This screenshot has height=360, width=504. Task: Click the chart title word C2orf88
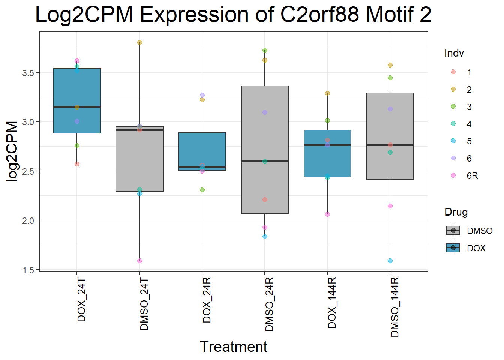(319, 14)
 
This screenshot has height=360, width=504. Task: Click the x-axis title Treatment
(233, 347)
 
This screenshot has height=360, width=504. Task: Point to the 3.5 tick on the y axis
(28, 73)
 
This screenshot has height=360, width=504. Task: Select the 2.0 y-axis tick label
(28, 220)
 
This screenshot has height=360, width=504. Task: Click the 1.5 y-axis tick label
(28, 270)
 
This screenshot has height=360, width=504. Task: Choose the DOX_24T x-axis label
(81, 300)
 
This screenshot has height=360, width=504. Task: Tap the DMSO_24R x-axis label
(269, 304)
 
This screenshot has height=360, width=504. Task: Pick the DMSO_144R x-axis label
(394, 307)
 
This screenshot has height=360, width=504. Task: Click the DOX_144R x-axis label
(332, 303)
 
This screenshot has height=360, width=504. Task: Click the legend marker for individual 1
(453, 72)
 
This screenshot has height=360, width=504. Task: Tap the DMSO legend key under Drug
(453, 231)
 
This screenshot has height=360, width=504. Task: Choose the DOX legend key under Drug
(453, 248)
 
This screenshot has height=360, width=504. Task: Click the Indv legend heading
(454, 53)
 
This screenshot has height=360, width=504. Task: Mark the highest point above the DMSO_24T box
(139, 43)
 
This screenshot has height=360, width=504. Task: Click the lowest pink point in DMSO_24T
(139, 261)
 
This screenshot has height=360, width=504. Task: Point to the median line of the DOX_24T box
(77, 107)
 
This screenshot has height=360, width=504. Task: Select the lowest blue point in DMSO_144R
(390, 261)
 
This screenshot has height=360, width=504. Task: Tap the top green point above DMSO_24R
(265, 50)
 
